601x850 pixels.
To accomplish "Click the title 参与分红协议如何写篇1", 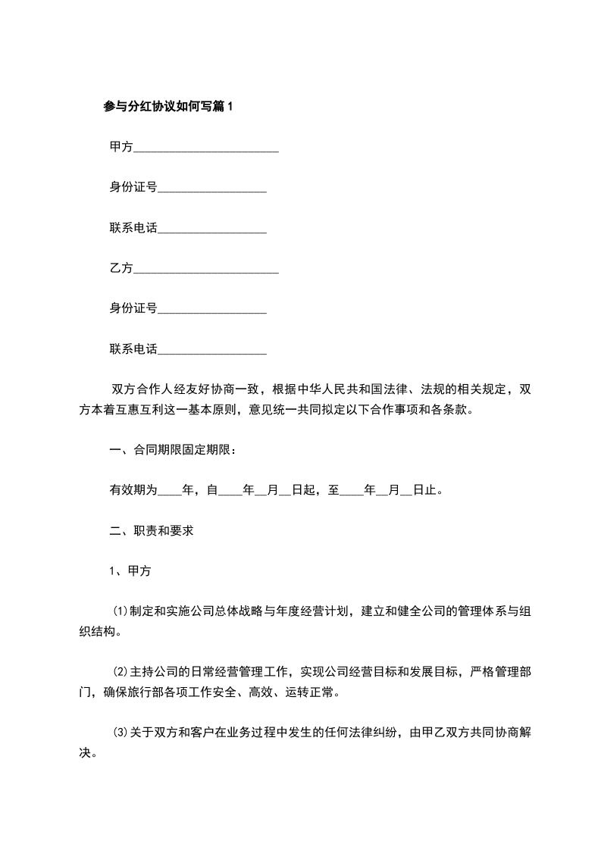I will pyautogui.click(x=169, y=107).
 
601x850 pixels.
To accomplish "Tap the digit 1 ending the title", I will pyautogui.click(x=231, y=107).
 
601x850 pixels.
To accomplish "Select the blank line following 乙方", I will pyautogui.click(x=206, y=270).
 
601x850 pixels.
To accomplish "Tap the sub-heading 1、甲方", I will pyautogui.click(x=131, y=571).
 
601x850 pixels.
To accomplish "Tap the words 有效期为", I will pyautogui.click(x=133, y=490).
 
